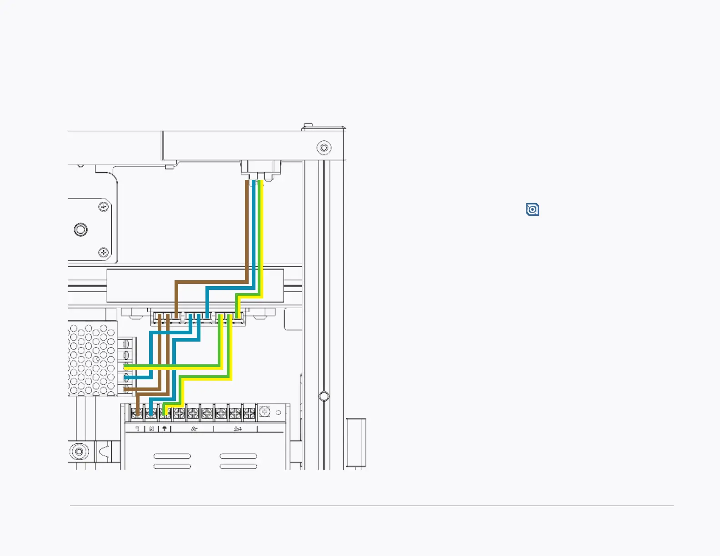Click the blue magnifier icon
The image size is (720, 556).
coord(532,209)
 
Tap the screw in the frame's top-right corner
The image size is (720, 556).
coord(324,148)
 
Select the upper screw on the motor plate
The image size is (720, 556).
coord(104,207)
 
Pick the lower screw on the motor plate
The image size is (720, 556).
coord(104,252)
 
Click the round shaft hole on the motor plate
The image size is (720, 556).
coord(81,229)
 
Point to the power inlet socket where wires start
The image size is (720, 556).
coord(260,170)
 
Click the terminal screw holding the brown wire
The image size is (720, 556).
coord(137,413)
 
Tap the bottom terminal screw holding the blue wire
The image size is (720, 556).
coord(151,413)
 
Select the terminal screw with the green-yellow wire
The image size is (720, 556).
coord(165,413)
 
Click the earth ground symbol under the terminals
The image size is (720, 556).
coord(165,428)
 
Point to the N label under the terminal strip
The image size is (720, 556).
coord(151,428)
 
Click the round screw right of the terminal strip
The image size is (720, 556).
coord(264,412)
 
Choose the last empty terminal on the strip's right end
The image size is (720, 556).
coord(249,413)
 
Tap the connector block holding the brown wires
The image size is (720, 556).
coord(167,317)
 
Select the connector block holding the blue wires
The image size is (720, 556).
coord(199,317)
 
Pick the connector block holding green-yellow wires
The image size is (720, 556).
coord(230,317)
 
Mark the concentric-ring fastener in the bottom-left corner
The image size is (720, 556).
coord(80,452)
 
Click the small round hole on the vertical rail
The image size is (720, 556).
coord(324,396)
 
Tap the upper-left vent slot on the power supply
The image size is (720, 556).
coord(172,456)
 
